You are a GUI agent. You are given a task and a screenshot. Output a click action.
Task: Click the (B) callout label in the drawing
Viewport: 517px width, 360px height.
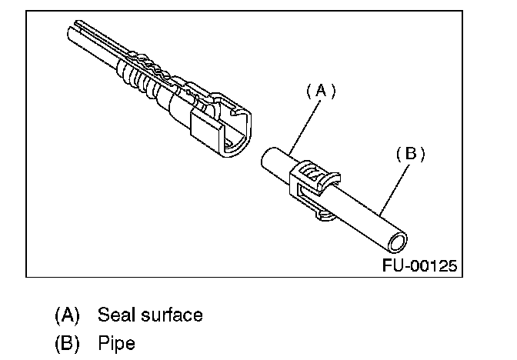coord(410,153)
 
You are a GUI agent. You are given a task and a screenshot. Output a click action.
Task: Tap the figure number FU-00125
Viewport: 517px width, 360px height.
coord(419,266)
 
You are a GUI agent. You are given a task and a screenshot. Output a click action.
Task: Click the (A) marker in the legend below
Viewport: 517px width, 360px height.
coord(68,315)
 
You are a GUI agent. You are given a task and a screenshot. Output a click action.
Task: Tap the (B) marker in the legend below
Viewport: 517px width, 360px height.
coord(68,342)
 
